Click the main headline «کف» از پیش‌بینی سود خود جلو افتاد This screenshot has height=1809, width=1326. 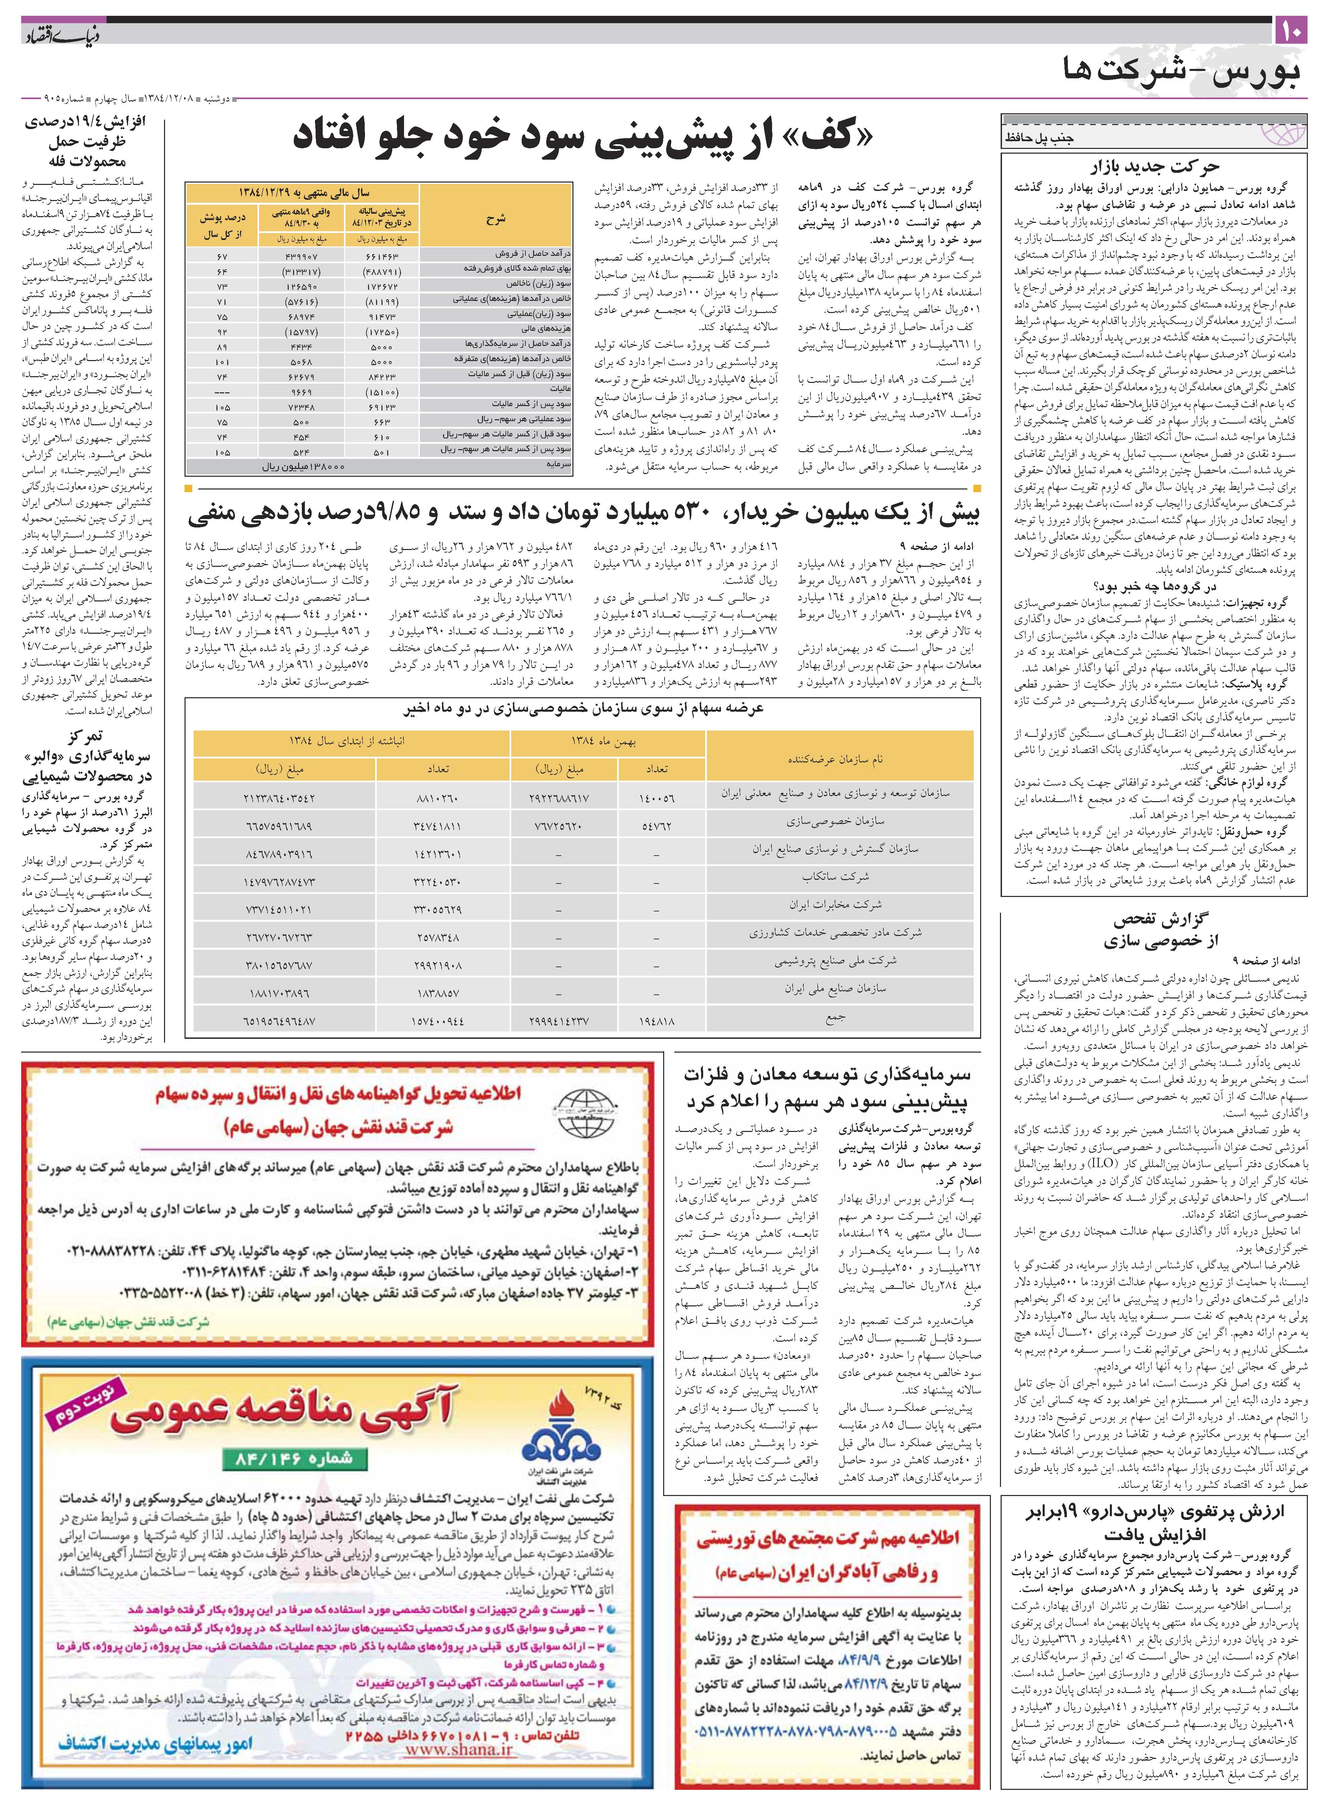[x=582, y=136]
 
